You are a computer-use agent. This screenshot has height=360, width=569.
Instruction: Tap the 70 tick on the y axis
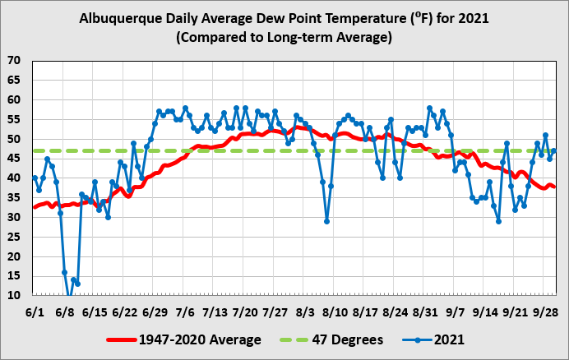(15, 61)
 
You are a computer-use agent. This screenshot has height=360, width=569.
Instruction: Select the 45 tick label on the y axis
(15, 159)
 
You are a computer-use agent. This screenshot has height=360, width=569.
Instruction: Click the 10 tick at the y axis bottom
(15, 295)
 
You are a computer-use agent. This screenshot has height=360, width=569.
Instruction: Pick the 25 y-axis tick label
(15, 237)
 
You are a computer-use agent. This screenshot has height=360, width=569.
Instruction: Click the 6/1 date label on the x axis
(35, 312)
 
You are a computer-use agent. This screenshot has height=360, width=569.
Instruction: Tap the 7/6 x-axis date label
(185, 312)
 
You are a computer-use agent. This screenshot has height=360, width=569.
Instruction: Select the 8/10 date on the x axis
(335, 312)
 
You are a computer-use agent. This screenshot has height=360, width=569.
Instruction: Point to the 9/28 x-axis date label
(545, 312)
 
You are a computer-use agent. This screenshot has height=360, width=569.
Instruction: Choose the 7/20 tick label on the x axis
(245, 312)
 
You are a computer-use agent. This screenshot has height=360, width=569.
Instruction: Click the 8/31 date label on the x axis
(425, 312)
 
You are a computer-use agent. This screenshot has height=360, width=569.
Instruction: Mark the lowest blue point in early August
(326, 221)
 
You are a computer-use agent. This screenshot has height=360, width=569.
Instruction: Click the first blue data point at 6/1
(35, 178)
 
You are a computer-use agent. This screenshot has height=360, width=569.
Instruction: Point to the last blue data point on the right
(554, 150)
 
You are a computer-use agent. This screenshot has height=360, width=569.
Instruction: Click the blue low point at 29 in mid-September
(498, 221)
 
